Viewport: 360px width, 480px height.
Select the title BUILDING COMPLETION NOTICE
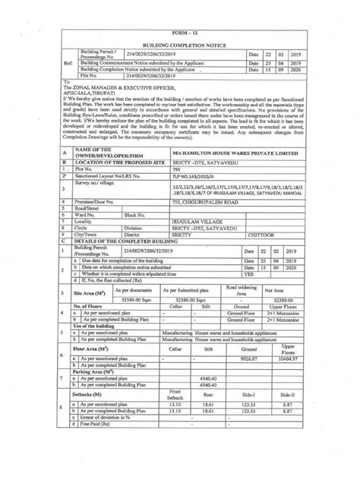pos(180,46)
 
